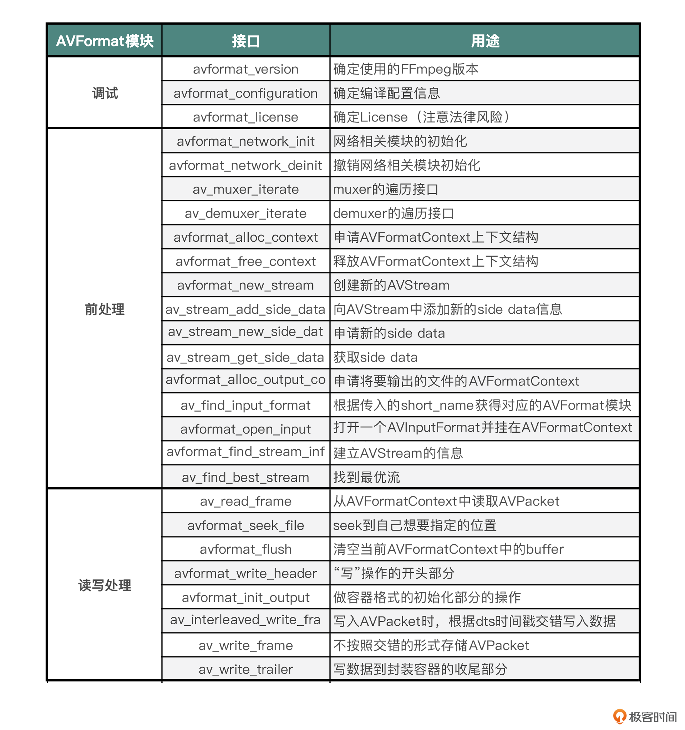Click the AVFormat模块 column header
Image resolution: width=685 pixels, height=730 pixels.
[105, 41]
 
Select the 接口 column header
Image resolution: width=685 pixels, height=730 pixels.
[245, 41]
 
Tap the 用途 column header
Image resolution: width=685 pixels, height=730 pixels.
[484, 41]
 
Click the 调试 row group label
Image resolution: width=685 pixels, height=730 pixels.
[105, 93]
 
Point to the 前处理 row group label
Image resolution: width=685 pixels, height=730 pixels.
[105, 309]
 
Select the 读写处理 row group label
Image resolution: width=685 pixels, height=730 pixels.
[105, 585]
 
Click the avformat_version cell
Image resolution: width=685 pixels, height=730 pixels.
[245, 69]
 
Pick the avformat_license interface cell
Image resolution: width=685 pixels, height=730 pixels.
[245, 117]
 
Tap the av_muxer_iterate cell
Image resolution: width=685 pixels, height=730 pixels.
[245, 189]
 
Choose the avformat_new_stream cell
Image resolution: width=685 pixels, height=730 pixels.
[245, 285]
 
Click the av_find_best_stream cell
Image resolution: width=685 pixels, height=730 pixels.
[245, 477]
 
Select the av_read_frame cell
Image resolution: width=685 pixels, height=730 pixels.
[245, 501]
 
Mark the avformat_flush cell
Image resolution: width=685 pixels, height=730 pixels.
[245, 549]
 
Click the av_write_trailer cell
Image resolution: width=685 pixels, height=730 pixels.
[245, 669]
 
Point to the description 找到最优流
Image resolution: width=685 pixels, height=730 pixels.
[366, 477]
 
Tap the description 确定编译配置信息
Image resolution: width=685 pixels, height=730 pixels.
[386, 93]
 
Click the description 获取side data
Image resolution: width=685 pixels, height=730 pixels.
[375, 357]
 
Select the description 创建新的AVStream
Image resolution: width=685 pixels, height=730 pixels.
[391, 285]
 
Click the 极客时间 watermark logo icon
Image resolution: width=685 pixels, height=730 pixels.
[619, 716]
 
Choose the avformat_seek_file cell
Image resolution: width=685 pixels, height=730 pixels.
[245, 525]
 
